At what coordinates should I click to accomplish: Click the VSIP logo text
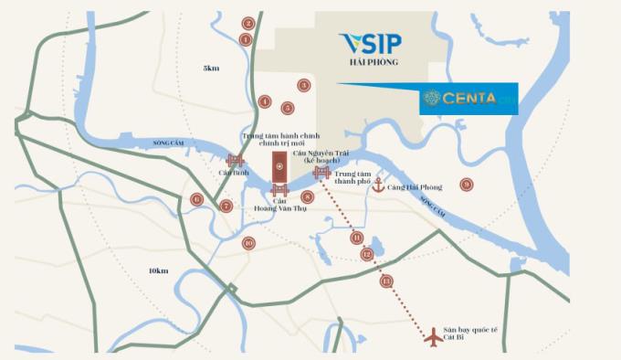click(x=369, y=45)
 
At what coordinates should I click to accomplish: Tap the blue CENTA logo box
click(x=468, y=99)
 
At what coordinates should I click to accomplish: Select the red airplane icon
click(x=434, y=337)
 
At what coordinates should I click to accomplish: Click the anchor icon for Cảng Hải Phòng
click(x=378, y=186)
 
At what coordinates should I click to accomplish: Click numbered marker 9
click(x=467, y=185)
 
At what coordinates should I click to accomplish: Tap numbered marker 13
click(x=387, y=281)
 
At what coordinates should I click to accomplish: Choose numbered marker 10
click(x=248, y=243)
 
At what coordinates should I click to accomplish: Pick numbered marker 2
click(x=248, y=23)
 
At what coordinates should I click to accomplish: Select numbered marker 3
click(x=304, y=85)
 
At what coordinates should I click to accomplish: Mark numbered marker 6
click(x=196, y=199)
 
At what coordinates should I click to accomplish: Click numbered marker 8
click(x=308, y=196)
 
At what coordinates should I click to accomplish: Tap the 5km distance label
click(x=211, y=69)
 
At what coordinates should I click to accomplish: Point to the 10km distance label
click(x=157, y=270)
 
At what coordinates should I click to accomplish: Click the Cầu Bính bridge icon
click(x=235, y=161)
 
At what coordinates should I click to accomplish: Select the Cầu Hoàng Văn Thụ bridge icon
click(x=279, y=190)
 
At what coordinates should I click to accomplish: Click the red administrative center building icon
click(x=279, y=165)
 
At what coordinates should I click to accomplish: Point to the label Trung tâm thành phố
click(x=353, y=176)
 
